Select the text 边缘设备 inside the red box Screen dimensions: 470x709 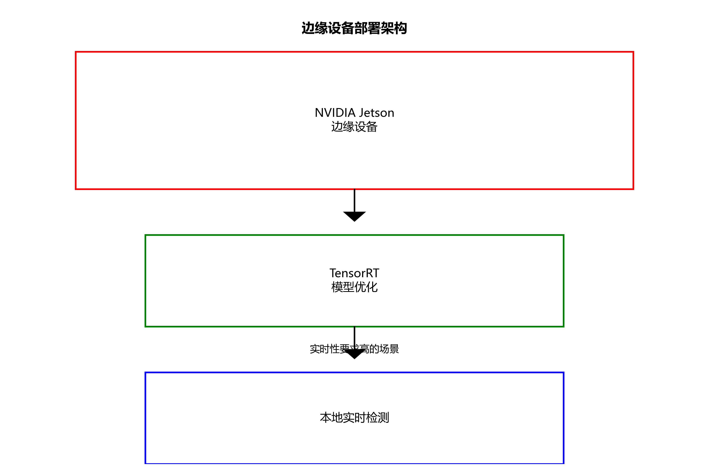click(x=354, y=127)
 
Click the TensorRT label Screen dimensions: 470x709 click(x=354, y=273)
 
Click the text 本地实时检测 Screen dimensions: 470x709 click(x=354, y=417)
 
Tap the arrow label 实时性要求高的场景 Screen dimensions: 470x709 click(x=354, y=349)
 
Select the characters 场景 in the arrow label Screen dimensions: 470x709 click(x=389, y=349)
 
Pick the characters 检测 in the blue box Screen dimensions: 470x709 click(x=378, y=417)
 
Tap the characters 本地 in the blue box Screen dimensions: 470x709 click(x=331, y=417)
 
